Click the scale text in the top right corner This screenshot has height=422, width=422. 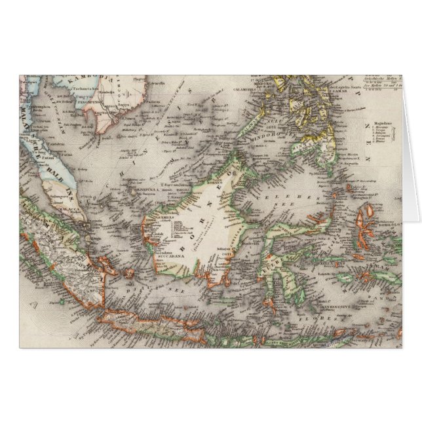(x=379, y=82)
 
